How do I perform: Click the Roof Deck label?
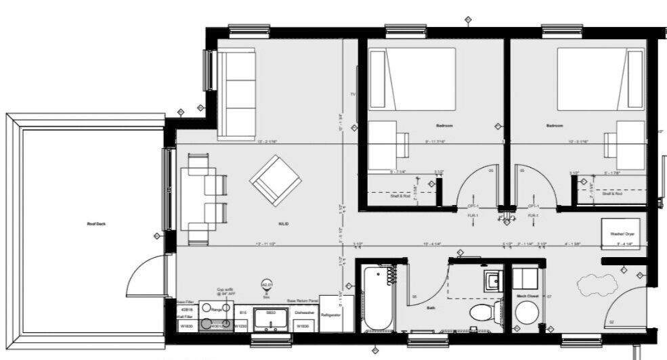click(96, 224)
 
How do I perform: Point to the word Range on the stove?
click(217, 309)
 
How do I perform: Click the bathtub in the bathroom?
click(376, 298)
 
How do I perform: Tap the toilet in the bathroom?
click(483, 313)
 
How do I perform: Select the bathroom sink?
click(492, 279)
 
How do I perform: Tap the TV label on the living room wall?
click(352, 95)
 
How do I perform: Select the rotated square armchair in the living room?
click(275, 180)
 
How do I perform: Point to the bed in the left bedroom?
click(411, 78)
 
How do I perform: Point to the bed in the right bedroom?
click(600, 78)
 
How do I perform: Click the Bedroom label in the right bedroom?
click(555, 126)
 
